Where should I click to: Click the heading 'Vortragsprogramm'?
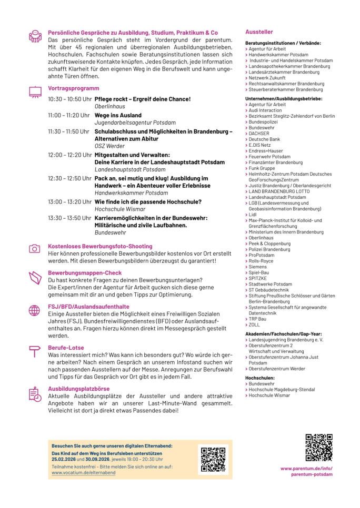[x=73, y=88]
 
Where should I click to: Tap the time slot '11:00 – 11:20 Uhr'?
[x=68, y=115]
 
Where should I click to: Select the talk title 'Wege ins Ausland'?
[x=118, y=115]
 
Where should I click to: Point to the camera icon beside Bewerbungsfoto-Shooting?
[x=35, y=248]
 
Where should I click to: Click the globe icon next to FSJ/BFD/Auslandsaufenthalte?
[x=35, y=310]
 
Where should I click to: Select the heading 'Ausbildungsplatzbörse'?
[x=79, y=389]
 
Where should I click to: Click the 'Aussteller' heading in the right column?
[x=259, y=32]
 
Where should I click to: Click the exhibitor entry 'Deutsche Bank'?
[x=265, y=139]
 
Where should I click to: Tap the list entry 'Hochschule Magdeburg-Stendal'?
[x=282, y=390]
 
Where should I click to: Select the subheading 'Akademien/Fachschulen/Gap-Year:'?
[x=284, y=333]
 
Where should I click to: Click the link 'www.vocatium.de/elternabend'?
[x=84, y=473]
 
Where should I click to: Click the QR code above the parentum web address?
[x=319, y=448]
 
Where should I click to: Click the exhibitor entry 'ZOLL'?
[x=254, y=324]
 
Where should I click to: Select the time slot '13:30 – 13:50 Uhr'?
[x=68, y=218]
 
